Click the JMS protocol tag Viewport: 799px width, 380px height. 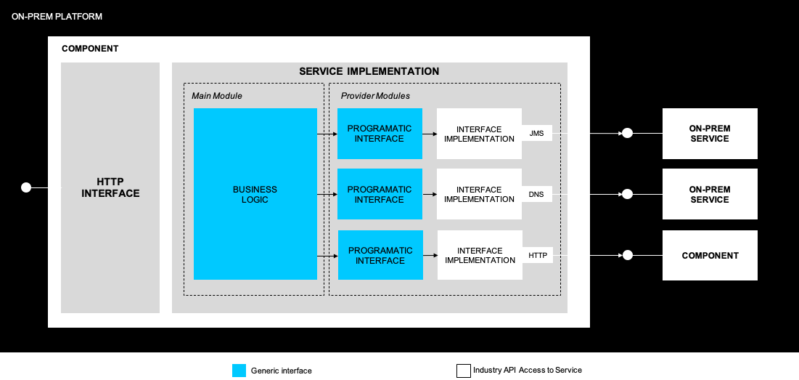pyautogui.click(x=537, y=133)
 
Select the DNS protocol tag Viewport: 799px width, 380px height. pyautogui.click(x=536, y=194)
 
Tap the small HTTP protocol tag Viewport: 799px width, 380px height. pyautogui.click(x=538, y=255)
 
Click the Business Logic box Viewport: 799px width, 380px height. pyautogui.click(x=255, y=194)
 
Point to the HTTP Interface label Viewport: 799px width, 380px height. pyautogui.click(x=110, y=187)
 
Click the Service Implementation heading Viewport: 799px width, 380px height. pyautogui.click(x=369, y=71)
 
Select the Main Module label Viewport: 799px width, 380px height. pyautogui.click(x=217, y=96)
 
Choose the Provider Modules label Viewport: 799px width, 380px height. pyautogui.click(x=375, y=96)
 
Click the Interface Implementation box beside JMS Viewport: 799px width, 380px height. pyautogui.click(x=479, y=134)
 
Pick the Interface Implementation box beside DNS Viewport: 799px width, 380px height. pyautogui.click(x=479, y=194)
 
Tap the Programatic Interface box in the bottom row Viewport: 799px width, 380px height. pyautogui.click(x=380, y=255)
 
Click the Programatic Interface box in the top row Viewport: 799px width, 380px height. pyautogui.click(x=380, y=134)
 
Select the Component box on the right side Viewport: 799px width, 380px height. pyautogui.click(x=710, y=255)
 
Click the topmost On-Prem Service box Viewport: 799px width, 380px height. pyautogui.click(x=710, y=134)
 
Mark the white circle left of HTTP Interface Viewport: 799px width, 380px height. pyautogui.click(x=26, y=187)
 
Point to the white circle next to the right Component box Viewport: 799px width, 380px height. pyautogui.click(x=628, y=255)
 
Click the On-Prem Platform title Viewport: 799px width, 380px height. pyautogui.click(x=57, y=16)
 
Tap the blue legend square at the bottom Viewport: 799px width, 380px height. pyautogui.click(x=239, y=371)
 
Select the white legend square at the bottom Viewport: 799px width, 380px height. pyautogui.click(x=464, y=371)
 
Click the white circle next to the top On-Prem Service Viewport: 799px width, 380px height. pyautogui.click(x=628, y=133)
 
